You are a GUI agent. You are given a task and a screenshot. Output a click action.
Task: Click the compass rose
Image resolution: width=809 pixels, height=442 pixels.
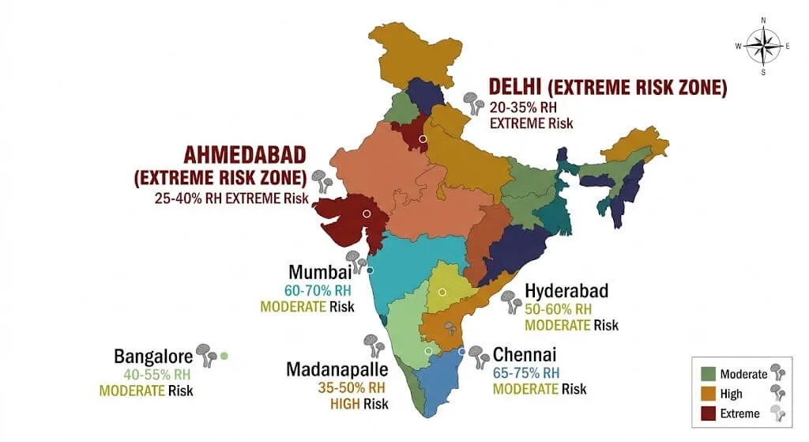coord(762,46)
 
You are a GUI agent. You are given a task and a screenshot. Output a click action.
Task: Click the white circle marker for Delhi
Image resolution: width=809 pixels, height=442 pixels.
coord(423,139)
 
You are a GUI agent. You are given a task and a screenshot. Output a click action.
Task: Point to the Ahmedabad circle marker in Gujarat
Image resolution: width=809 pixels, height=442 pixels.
coord(366,213)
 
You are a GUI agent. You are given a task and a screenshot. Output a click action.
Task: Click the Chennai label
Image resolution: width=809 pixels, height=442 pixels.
coord(525,354)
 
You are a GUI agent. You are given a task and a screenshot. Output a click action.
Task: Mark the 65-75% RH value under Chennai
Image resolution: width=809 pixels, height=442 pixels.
coord(527,372)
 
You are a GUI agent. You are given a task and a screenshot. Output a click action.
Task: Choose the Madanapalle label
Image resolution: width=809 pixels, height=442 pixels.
coord(336,370)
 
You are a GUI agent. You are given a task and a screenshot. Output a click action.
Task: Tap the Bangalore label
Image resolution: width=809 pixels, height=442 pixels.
coord(153,357)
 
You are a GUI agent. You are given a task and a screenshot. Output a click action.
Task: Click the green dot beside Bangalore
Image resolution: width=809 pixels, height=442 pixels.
coord(224,357)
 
